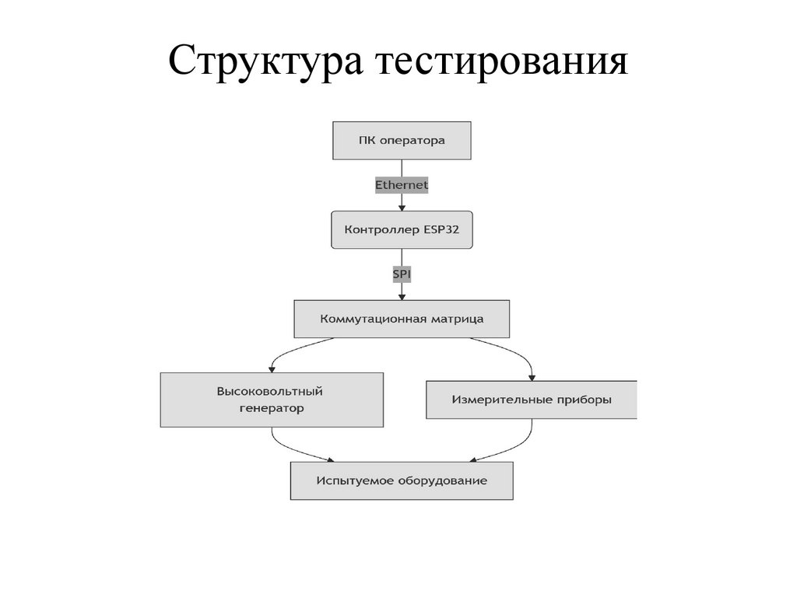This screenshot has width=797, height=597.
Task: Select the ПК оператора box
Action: point(402,141)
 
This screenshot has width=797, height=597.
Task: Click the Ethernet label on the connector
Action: point(402,185)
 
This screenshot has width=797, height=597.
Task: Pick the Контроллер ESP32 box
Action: point(402,229)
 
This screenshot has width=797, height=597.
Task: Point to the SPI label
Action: point(402,274)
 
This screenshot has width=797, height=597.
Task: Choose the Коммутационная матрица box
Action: point(402,319)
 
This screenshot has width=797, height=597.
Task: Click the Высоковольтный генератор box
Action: point(272,400)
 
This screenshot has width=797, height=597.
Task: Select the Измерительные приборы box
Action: point(532,400)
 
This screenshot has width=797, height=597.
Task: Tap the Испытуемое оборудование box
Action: point(402,480)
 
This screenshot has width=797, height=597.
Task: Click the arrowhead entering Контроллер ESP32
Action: point(402,207)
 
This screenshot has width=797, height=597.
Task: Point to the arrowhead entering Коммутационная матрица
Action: point(402,296)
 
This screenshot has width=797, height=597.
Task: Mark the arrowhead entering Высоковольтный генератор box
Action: point(272,368)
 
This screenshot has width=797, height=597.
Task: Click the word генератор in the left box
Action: point(272,407)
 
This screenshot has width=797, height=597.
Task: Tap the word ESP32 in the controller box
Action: point(442,229)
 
